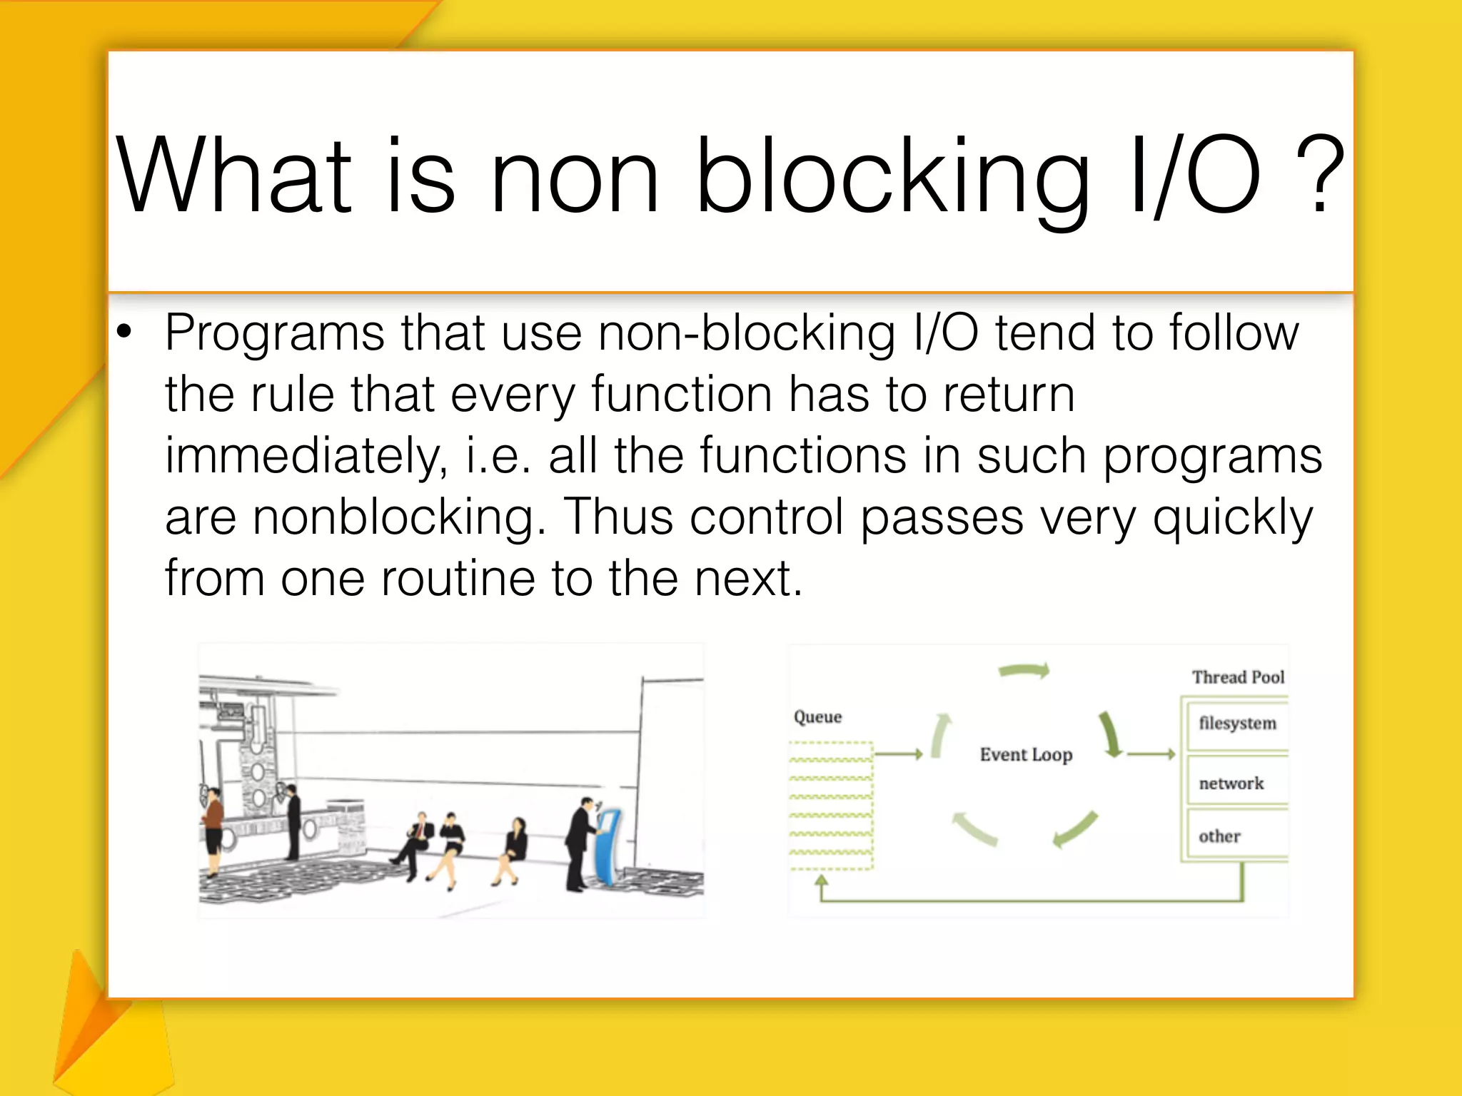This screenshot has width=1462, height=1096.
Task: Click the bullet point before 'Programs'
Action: point(125,332)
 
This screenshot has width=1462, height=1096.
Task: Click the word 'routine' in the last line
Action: point(458,578)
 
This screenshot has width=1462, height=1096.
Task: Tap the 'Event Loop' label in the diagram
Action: point(1026,754)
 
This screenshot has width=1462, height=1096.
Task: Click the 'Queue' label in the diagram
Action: point(817,716)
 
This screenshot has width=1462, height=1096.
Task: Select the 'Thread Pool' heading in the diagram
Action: point(1238,676)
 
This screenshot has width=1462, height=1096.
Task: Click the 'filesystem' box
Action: point(1237,724)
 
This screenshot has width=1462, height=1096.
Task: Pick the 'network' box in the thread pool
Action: point(1231,783)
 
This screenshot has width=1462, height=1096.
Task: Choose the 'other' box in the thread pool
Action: point(1220,836)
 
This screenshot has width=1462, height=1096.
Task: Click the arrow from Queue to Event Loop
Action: point(899,753)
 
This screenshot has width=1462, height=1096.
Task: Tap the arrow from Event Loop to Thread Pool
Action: point(1151,753)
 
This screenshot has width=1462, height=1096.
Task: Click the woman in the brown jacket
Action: point(213,828)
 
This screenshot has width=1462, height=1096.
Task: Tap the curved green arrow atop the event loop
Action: point(1024,670)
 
